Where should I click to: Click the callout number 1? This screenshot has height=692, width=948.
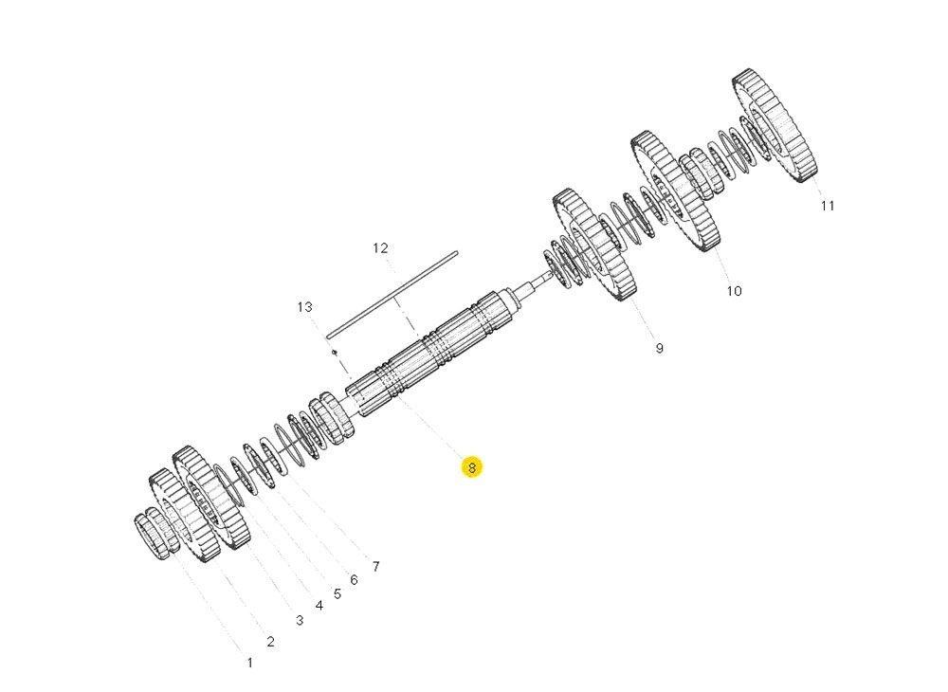pyautogui.click(x=250, y=663)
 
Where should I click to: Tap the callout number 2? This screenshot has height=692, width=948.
pyautogui.click(x=270, y=642)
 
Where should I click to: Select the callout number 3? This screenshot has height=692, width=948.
pyautogui.click(x=300, y=621)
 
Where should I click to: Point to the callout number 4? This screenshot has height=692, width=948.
pyautogui.click(x=319, y=605)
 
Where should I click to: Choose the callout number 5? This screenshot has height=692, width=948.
pyautogui.click(x=337, y=593)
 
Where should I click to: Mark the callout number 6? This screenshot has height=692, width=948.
pyautogui.click(x=354, y=579)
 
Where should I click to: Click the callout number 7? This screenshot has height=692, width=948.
pyautogui.click(x=375, y=567)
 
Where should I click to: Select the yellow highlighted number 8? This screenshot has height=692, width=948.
pyautogui.click(x=471, y=466)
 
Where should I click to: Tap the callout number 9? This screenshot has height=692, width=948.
pyautogui.click(x=659, y=348)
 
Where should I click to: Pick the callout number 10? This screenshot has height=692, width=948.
pyautogui.click(x=735, y=291)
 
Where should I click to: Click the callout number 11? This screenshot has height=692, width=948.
pyautogui.click(x=828, y=206)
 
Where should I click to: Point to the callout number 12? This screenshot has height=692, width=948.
pyautogui.click(x=380, y=248)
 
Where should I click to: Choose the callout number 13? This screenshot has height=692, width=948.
pyautogui.click(x=304, y=307)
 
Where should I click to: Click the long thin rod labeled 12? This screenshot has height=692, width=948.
pyautogui.click(x=392, y=293)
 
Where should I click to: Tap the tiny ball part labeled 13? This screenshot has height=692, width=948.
pyautogui.click(x=335, y=353)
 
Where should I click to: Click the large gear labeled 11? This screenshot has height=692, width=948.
pyautogui.click(x=775, y=126)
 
